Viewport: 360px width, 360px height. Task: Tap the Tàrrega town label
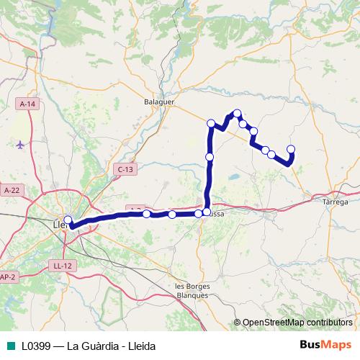tap(336, 202)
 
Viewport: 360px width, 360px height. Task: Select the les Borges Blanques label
tap(192, 291)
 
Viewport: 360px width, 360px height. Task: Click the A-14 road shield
tap(27, 104)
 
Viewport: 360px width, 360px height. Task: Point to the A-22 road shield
tap(12, 190)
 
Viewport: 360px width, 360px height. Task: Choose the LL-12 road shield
tap(63, 266)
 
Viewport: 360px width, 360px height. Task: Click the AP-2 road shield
tap(7, 276)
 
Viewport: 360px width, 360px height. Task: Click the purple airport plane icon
tap(20, 145)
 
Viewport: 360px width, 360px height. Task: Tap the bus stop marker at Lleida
tap(68, 220)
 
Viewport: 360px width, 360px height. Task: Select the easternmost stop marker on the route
tap(291, 149)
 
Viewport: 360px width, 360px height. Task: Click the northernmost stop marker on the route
tap(237, 113)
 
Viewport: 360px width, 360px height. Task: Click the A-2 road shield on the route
tap(134, 209)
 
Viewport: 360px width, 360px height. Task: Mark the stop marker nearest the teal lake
tap(210, 157)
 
